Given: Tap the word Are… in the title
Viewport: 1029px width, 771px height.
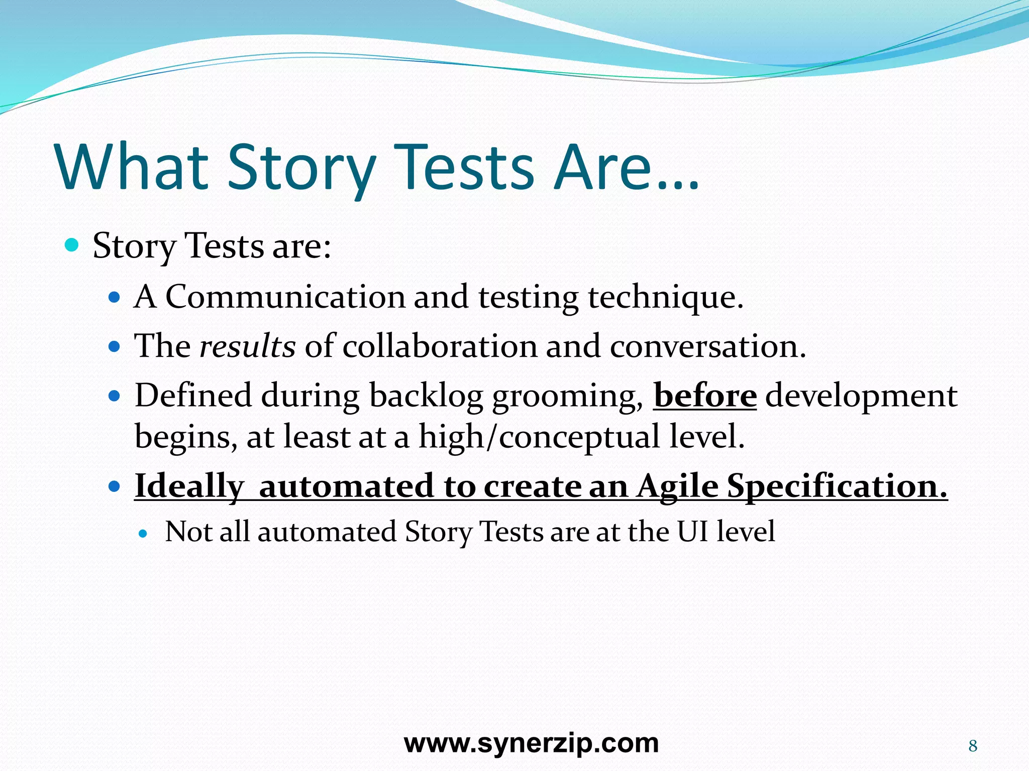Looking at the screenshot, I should tap(626, 168).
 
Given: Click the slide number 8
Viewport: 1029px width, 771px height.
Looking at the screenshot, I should tap(973, 746).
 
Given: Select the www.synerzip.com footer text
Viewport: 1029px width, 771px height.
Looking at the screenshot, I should tap(531, 743).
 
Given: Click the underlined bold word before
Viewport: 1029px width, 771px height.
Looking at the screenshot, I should tap(704, 396).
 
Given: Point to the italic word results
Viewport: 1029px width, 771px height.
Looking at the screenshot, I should tap(247, 346).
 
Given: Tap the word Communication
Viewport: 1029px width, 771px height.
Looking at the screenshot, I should tap(285, 297).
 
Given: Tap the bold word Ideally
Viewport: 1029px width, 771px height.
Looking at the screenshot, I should tap(189, 487).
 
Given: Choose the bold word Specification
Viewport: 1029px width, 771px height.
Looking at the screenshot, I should tap(837, 487).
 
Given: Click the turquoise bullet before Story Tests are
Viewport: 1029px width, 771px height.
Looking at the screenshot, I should tap(72, 245).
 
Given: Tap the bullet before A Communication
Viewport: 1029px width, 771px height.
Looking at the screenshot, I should tap(115, 298).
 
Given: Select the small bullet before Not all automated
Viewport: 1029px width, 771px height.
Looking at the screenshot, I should tap(143, 534).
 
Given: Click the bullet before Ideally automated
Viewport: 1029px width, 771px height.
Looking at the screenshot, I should tap(115, 486).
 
